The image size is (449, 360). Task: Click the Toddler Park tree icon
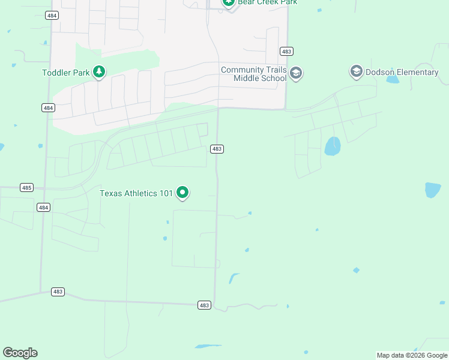click(99, 73)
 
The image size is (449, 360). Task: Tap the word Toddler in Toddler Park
click(57, 73)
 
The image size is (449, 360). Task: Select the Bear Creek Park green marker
click(228, 2)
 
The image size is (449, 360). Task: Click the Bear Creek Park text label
click(267, 2)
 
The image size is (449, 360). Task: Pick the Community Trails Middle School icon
click(295, 74)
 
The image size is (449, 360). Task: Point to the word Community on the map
click(242, 70)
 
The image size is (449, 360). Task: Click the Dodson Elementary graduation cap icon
click(356, 72)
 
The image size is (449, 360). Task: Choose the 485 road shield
click(26, 188)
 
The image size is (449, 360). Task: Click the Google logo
click(20, 353)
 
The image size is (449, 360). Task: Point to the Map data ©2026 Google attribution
click(412, 355)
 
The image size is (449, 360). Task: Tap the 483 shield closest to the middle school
click(286, 52)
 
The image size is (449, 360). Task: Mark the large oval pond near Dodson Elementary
click(333, 146)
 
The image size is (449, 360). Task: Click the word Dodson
click(380, 73)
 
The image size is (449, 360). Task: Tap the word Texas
click(110, 193)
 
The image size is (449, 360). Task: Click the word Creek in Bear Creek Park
click(267, 2)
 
